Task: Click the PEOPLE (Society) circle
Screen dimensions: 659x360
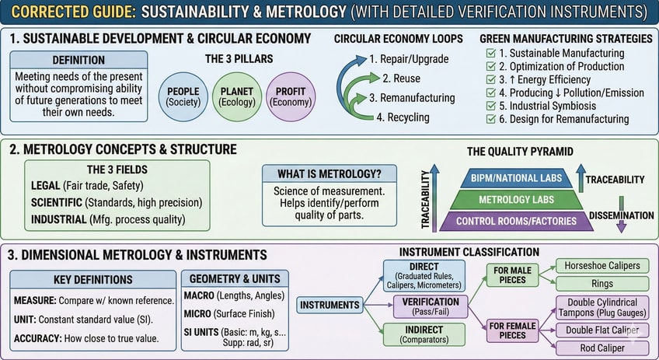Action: (183, 96)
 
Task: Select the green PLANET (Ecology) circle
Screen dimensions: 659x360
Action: (235, 96)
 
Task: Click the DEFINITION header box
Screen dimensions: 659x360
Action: (78, 60)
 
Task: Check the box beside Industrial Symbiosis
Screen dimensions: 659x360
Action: (490, 106)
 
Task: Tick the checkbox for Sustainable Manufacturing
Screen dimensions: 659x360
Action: (490, 53)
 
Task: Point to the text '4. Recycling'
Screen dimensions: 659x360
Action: (403, 117)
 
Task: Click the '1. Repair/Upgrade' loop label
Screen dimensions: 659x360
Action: (408, 59)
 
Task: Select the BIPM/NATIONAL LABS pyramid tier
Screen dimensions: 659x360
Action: (516, 179)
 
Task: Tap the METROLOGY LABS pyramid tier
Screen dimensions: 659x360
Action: (516, 200)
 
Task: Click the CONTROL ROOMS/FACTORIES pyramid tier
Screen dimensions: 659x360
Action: (516, 221)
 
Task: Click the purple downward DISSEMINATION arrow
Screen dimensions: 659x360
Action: (620, 225)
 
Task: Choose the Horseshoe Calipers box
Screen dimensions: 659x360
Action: (603, 265)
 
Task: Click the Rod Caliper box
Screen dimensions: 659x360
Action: (603, 348)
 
